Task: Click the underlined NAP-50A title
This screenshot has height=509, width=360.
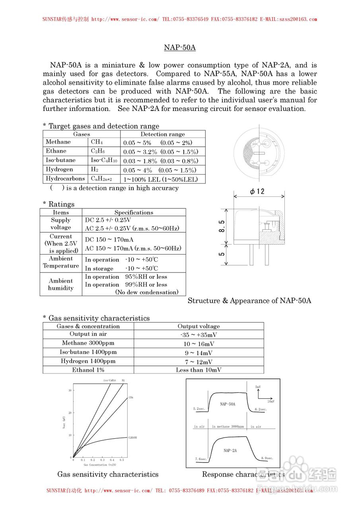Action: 180,48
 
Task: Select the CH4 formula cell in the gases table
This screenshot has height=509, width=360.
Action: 97,142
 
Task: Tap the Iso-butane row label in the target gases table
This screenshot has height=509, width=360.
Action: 60,160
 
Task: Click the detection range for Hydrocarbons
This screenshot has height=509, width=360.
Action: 160,179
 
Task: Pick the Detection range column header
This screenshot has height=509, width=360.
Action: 163,134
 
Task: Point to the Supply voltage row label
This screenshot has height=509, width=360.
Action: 61,224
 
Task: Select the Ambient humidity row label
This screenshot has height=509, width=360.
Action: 61,284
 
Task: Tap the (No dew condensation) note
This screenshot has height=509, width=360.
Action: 147,292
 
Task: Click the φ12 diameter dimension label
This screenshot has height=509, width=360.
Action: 257,191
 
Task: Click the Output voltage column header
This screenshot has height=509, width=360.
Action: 198,326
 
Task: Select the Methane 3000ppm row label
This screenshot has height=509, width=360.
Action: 88,343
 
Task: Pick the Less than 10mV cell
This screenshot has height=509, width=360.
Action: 198,370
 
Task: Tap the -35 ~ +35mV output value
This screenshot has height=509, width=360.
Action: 198,335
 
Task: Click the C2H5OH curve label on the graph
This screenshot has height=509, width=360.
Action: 132,437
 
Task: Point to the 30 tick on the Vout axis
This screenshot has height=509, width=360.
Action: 70,390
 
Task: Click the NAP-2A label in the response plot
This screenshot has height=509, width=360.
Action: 230,451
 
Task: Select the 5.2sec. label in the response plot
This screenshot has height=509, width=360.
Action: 199,409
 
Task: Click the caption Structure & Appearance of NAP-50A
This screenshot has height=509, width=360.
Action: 249,301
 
